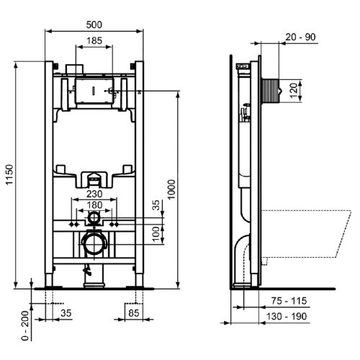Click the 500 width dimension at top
94,24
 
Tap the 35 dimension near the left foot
66,313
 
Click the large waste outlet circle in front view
94,243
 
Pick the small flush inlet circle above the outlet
94,215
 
